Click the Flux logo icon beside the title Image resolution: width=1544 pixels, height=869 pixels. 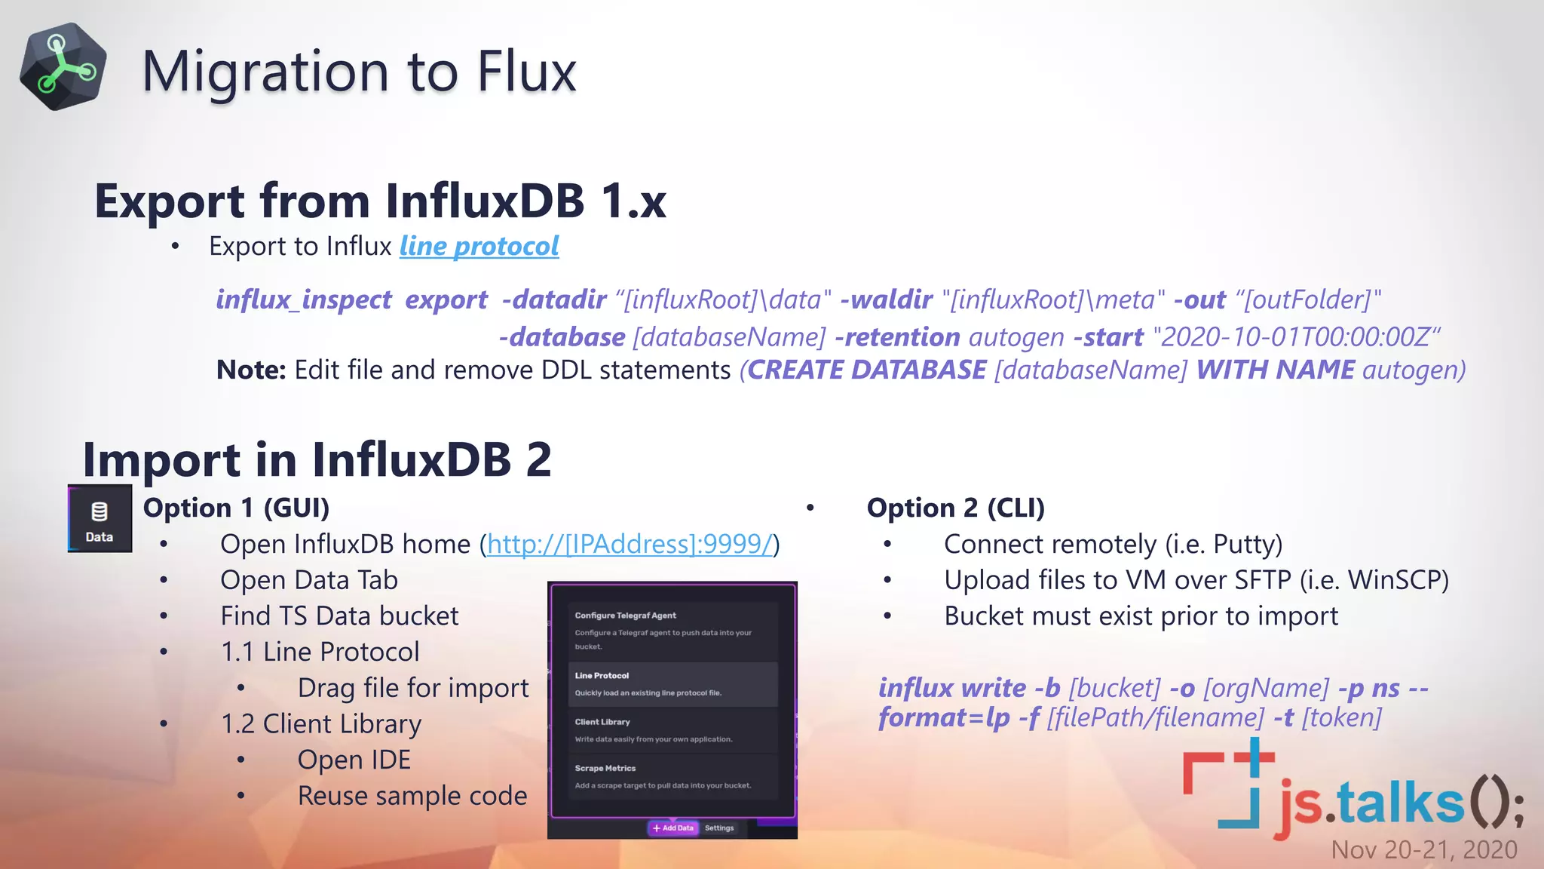pyautogui.click(x=63, y=67)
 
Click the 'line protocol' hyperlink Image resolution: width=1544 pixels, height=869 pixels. pyautogui.click(x=479, y=247)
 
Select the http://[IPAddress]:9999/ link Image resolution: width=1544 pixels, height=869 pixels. pyautogui.click(x=630, y=544)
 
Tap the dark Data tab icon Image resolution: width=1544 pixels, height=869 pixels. pyautogui.click(x=100, y=519)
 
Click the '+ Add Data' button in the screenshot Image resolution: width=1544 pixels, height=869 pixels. pyautogui.click(x=673, y=828)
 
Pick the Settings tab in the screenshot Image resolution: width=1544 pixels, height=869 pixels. pyautogui.click(x=719, y=828)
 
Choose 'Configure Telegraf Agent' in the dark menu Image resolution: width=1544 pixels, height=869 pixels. pyautogui.click(x=625, y=616)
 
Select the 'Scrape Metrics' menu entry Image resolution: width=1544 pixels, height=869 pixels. pyautogui.click(x=605, y=769)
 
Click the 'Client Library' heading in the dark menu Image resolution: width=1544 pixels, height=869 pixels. pyautogui.click(x=602, y=722)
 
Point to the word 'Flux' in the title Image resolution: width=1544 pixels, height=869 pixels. pyautogui.click(x=526, y=72)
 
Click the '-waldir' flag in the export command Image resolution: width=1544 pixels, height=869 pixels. pyautogui.click(x=886, y=300)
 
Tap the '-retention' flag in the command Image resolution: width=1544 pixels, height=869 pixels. pyautogui.click(x=897, y=337)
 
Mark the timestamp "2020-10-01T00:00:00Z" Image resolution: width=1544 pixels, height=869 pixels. pyautogui.click(x=1295, y=337)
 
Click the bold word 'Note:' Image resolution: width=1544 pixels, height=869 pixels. pyautogui.click(x=250, y=370)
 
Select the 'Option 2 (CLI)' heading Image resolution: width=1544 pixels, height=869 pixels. pyautogui.click(x=955, y=508)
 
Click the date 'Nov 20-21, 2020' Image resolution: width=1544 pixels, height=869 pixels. pyautogui.click(x=1423, y=850)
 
